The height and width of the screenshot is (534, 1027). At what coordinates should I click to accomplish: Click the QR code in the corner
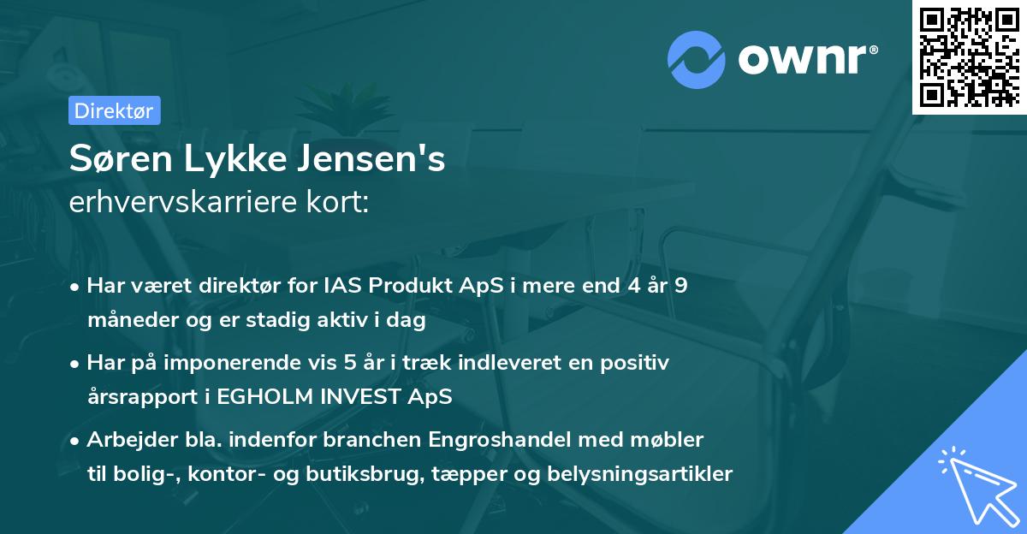(x=969, y=56)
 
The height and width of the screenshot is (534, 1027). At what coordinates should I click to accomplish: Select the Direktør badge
(x=114, y=110)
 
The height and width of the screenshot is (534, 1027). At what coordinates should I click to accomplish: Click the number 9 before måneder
(x=680, y=286)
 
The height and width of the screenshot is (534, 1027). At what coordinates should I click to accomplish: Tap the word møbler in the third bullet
(x=673, y=440)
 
